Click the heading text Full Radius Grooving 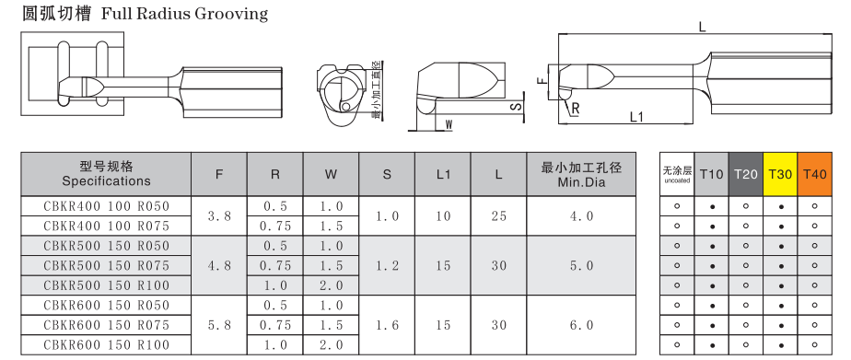184,14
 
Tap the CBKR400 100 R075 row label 107,226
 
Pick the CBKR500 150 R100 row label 107,285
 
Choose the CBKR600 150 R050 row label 107,306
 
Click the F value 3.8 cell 219,215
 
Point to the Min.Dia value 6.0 581,325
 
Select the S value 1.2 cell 387,266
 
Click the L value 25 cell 499,215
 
